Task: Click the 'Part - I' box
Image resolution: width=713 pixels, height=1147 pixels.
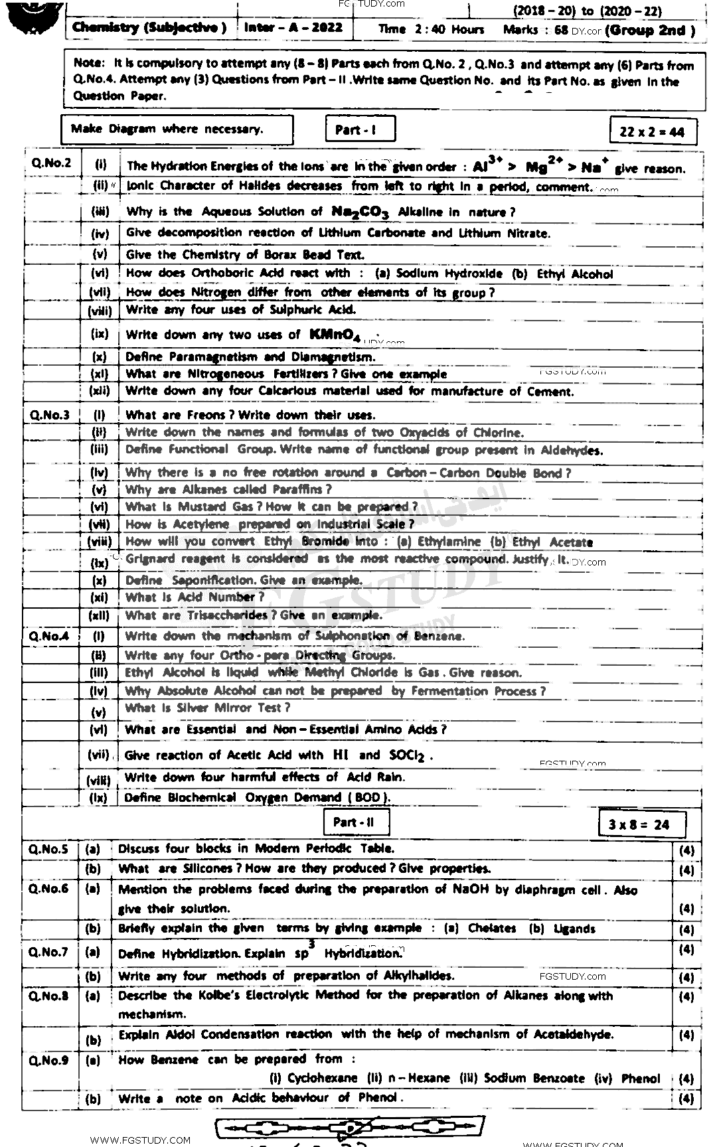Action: point(360,129)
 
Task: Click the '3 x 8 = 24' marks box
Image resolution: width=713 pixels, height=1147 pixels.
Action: point(639,825)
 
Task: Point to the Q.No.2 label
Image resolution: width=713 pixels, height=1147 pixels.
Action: point(50,163)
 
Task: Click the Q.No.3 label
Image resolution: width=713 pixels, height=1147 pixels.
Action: point(49,416)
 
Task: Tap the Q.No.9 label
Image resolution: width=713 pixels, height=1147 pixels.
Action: point(48,1060)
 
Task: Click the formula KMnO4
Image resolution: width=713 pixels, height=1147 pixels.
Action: point(335,335)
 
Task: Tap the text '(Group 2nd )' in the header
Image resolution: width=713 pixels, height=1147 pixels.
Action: point(651,30)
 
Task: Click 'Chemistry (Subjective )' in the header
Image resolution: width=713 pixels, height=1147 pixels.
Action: point(149,28)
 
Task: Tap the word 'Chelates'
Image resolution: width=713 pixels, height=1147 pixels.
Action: point(492,929)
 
